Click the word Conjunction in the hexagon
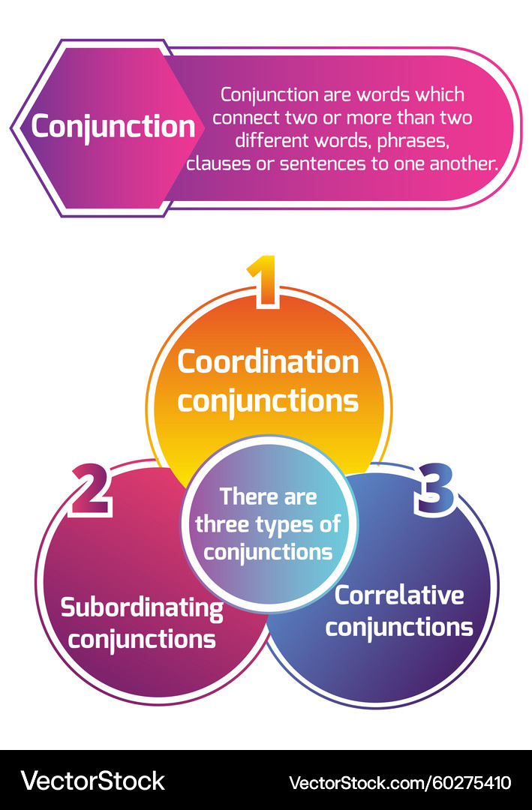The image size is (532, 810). [113, 126]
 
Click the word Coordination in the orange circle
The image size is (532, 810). [268, 362]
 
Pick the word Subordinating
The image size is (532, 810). [142, 607]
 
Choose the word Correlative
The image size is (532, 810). [399, 595]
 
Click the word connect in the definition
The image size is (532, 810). [243, 118]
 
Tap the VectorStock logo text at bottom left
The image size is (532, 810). [92, 781]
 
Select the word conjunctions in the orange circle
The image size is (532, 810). [268, 400]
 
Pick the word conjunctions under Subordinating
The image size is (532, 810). [147, 640]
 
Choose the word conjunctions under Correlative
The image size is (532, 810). [399, 627]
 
